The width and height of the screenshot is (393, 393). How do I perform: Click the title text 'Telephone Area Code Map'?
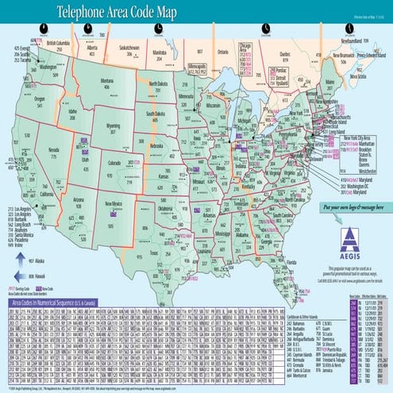(127, 13)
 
